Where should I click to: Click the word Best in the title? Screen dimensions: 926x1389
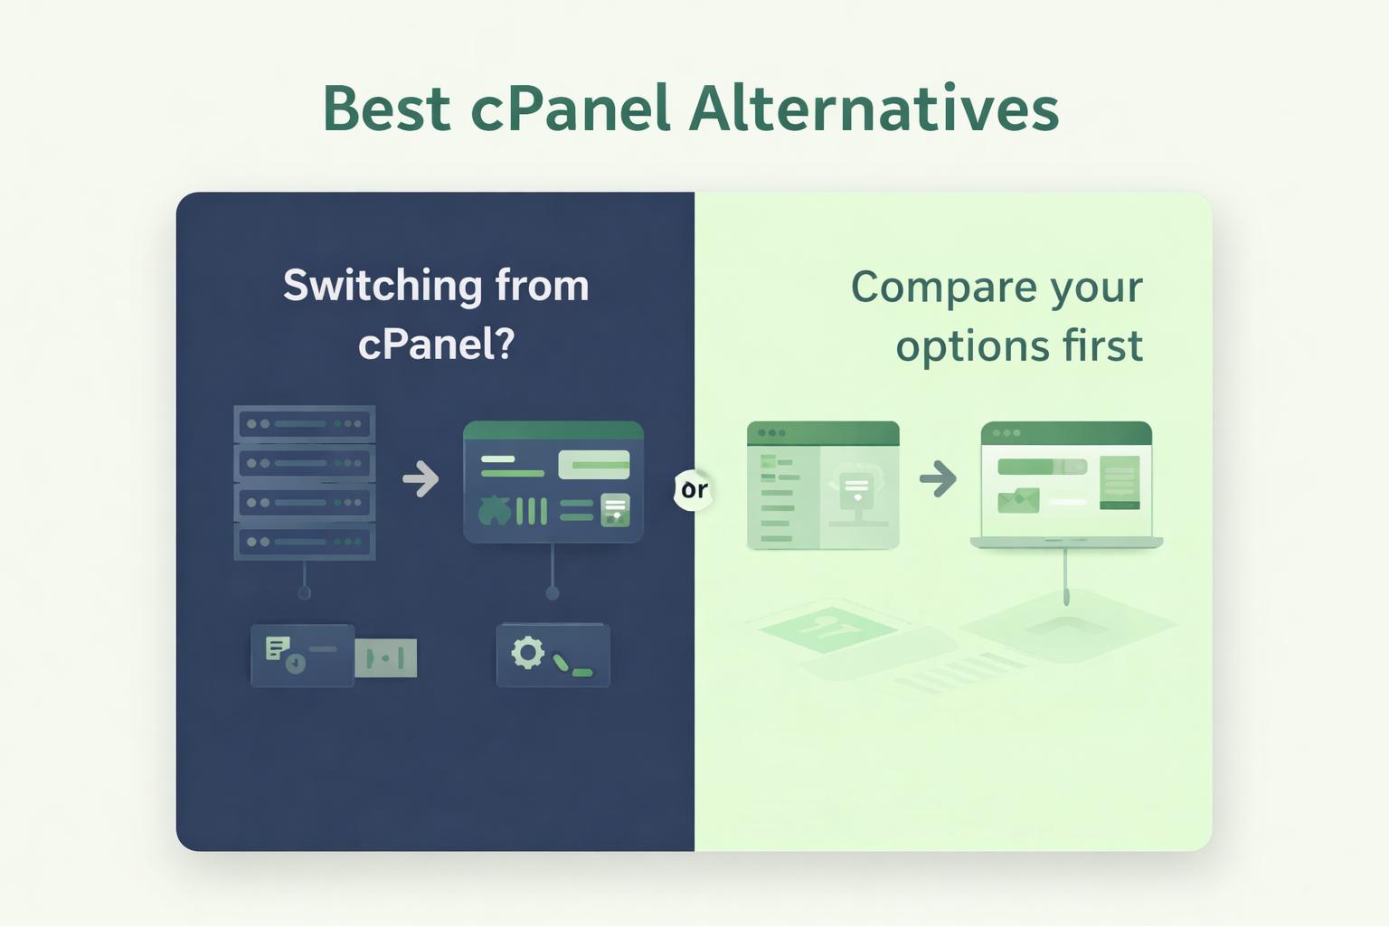pyautogui.click(x=386, y=109)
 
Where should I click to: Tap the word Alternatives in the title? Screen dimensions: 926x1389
pyautogui.click(x=874, y=109)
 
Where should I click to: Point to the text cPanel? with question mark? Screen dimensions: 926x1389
pyautogui.click(x=436, y=345)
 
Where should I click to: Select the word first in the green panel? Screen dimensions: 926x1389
pyautogui.click(x=1103, y=346)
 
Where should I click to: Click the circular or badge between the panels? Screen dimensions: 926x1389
pyautogui.click(x=694, y=490)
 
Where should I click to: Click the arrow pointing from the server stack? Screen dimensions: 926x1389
pyautogui.click(x=420, y=479)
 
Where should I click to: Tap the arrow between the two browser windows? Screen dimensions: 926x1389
pyautogui.click(x=938, y=478)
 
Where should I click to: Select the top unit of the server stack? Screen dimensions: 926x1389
pyautogui.click(x=305, y=423)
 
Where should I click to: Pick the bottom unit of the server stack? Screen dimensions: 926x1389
pyautogui.click(x=305, y=542)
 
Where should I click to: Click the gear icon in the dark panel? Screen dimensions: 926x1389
pyautogui.click(x=527, y=652)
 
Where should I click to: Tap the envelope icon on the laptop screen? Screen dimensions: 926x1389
pyautogui.click(x=1018, y=500)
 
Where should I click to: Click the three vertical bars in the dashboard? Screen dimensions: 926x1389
pyautogui.click(x=532, y=511)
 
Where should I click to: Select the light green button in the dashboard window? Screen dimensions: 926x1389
pyautogui.click(x=594, y=465)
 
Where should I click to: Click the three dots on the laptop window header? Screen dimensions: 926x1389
pyautogui.click(x=1006, y=433)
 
